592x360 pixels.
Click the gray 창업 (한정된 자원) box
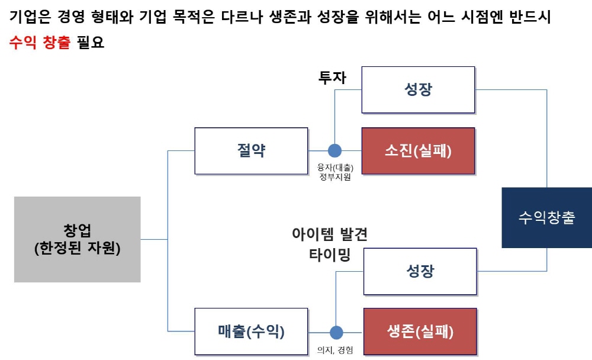point(77,239)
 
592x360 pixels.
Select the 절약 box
point(251,150)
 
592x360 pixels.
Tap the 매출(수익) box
point(251,332)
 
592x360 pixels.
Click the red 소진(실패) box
point(419,150)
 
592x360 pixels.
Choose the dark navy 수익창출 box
point(546,217)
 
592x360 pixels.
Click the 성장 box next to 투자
point(418,90)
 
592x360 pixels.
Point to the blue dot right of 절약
point(335,150)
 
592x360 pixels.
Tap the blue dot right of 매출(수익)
point(336,332)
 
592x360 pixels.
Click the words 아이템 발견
point(330,234)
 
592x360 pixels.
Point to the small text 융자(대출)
point(335,167)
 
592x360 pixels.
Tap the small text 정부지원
point(335,176)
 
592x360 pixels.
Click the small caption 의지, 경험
point(335,350)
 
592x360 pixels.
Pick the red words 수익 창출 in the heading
point(40,43)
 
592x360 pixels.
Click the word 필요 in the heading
point(91,43)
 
